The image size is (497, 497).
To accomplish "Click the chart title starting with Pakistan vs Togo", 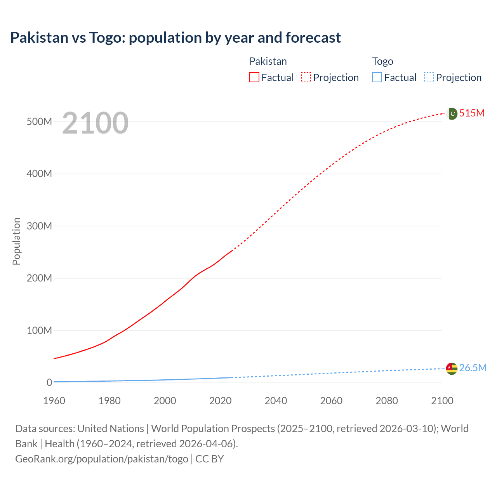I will pyautogui.click(x=176, y=38).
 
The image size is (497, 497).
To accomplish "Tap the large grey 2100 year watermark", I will pyautogui.click(x=95, y=123).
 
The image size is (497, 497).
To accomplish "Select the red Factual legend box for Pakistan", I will pyautogui.click(x=254, y=77).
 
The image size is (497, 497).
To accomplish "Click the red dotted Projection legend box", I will pyautogui.click(x=306, y=77).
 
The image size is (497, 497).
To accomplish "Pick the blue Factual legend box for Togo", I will pyautogui.click(x=377, y=77).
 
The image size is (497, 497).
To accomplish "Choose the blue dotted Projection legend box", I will pyautogui.click(x=429, y=77).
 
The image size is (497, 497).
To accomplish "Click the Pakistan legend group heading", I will pyautogui.click(x=268, y=61).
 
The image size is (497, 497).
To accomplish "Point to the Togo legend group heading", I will pyautogui.click(x=382, y=61).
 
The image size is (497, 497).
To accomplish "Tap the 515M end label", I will pyautogui.click(x=472, y=113).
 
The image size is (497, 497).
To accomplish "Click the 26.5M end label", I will pyautogui.click(x=473, y=368).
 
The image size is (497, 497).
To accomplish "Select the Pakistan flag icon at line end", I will pyautogui.click(x=452, y=114).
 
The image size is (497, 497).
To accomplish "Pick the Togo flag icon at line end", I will pyautogui.click(x=452, y=368).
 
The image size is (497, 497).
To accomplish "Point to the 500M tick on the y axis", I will pyautogui.click(x=39, y=122).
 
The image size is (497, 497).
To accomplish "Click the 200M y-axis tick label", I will pyautogui.click(x=39, y=278).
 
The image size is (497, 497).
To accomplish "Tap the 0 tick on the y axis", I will pyautogui.click(x=49, y=382).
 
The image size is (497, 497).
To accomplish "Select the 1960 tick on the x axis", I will pyautogui.click(x=54, y=401).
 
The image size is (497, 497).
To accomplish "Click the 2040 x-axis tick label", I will pyautogui.click(x=276, y=401).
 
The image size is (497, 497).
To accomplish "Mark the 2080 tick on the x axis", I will pyautogui.click(x=387, y=401).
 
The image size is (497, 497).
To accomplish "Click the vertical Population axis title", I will pyautogui.click(x=16, y=241).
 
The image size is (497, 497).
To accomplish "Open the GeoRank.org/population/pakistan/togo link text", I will pyautogui.click(x=102, y=459).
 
